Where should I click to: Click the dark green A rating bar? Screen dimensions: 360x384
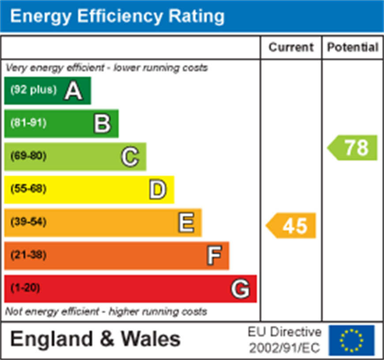pyautogui.click(x=48, y=90)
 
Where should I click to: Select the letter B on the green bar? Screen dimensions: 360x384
pyautogui.click(x=102, y=124)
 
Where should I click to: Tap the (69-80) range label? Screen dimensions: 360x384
pyautogui.click(x=28, y=156)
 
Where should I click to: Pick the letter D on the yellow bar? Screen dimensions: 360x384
pyautogui.click(x=158, y=190)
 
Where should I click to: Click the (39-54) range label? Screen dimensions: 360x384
pyautogui.click(x=28, y=222)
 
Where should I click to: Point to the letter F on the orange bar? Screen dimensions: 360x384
pyautogui.click(x=214, y=255)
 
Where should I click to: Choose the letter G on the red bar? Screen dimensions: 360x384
pyautogui.click(x=241, y=289)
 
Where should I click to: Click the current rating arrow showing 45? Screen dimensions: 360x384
pyautogui.click(x=291, y=225)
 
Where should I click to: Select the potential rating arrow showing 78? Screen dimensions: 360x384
pyautogui.click(x=353, y=148)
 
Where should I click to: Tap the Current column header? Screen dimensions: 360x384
pyautogui.click(x=291, y=47)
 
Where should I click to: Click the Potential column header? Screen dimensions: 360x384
pyautogui.click(x=353, y=47)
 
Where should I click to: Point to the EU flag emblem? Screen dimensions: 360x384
pyautogui.click(x=351, y=340)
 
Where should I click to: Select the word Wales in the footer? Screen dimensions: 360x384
pyautogui.click(x=151, y=339)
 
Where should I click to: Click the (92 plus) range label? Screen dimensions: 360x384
pyautogui.click(x=34, y=90)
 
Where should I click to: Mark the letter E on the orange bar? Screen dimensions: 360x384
pyautogui.click(x=186, y=223)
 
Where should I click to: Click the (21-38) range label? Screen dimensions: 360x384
pyautogui.click(x=28, y=255)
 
